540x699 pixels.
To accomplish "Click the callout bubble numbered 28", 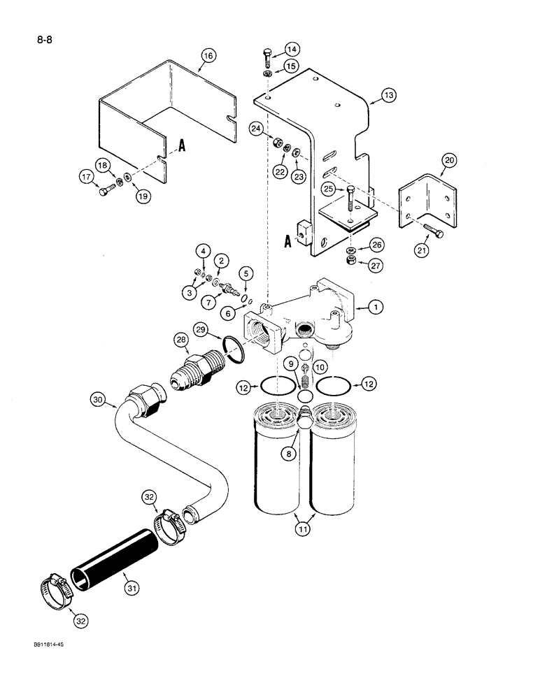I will point(183,341).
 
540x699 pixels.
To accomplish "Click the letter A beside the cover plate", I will point(181,145).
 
